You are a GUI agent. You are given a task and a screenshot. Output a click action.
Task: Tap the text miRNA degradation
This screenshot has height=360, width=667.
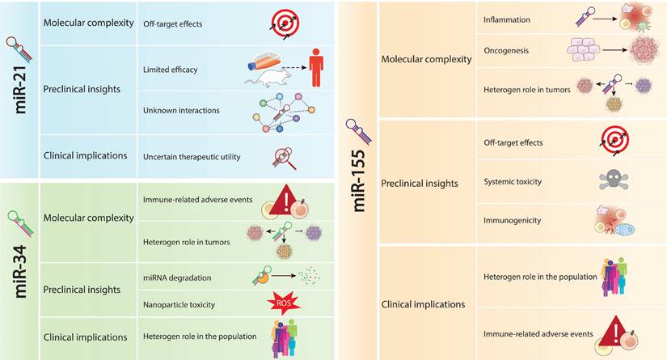tap(176, 277)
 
